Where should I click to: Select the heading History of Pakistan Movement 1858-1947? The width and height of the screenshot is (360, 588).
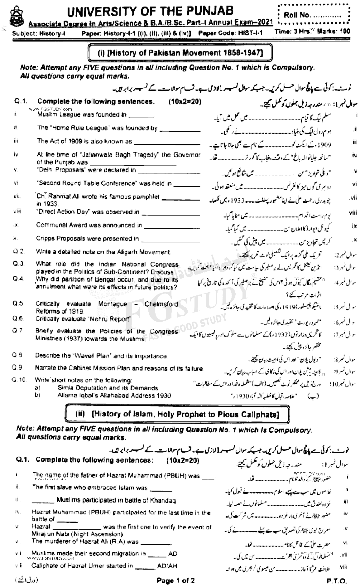tap(180, 53)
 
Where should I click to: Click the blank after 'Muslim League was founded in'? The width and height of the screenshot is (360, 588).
tap(141, 116)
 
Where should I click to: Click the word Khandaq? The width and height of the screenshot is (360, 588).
tap(163, 501)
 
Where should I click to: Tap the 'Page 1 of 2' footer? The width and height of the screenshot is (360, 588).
tap(175, 581)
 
